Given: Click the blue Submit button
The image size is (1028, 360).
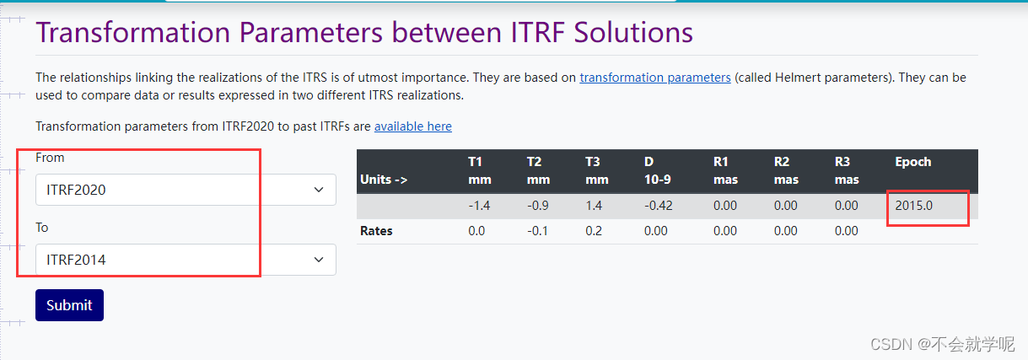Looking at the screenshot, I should point(69,305).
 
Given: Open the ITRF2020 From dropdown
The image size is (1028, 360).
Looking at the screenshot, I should point(186,190).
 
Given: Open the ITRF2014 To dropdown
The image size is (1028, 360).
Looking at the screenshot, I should point(186,260).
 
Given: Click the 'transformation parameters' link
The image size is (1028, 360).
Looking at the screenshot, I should point(654,78).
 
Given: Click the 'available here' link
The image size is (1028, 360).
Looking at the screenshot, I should point(412,126).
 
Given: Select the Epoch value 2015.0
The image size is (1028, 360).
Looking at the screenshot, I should point(914,206).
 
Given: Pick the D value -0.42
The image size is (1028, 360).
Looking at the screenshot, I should point(658,206).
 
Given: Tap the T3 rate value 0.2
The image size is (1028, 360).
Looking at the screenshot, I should point(594,231).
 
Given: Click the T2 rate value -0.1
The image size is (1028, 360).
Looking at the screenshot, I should point(537,231).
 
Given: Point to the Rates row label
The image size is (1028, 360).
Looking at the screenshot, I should point(377,231).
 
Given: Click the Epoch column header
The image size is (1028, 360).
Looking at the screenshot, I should point(912,162).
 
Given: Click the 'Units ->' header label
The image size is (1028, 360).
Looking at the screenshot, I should point(384,180).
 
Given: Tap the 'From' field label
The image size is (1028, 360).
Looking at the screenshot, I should point(50,158).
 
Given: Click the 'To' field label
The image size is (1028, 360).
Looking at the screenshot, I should point(42,228).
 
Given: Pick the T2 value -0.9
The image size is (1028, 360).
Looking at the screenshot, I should point(538,206).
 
